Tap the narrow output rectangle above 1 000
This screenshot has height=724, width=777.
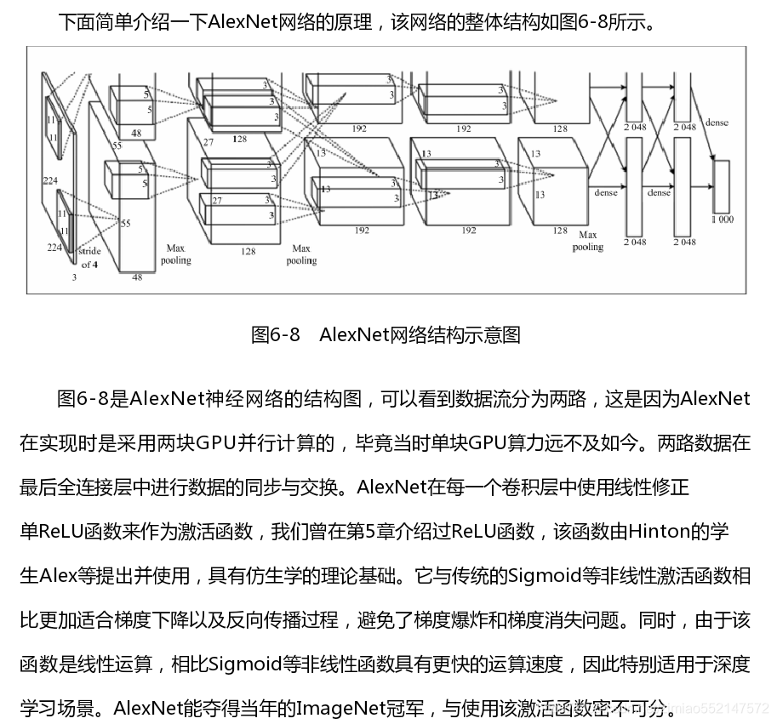[x=721, y=185]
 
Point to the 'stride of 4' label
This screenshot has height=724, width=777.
[x=89, y=258]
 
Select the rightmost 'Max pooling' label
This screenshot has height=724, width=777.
[x=587, y=241]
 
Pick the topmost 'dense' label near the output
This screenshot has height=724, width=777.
[x=717, y=123]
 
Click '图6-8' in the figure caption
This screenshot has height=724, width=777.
[x=275, y=335]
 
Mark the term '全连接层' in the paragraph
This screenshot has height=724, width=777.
[x=106, y=488]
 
